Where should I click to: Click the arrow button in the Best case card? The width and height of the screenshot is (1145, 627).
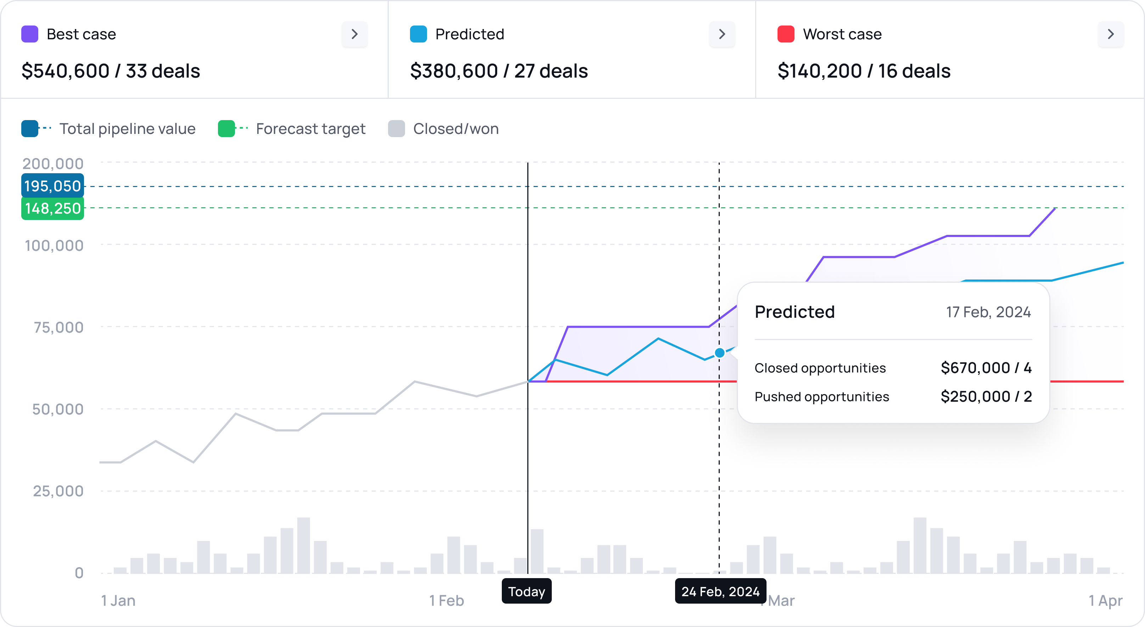click(354, 34)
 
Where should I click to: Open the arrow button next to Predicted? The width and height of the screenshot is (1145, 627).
click(722, 34)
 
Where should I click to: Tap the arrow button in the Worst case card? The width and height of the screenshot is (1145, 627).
click(1110, 34)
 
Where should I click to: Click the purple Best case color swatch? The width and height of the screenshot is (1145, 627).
click(30, 34)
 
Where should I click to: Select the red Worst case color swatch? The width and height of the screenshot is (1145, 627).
click(785, 34)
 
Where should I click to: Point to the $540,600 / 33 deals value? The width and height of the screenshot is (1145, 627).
click(111, 71)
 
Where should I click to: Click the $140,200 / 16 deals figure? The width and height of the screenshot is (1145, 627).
click(864, 71)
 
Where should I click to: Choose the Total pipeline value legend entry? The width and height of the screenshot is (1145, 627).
click(108, 129)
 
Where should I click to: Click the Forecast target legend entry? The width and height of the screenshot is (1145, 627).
click(292, 129)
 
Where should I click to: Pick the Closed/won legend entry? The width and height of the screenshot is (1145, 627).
click(443, 129)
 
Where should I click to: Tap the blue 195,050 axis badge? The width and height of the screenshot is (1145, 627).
click(52, 186)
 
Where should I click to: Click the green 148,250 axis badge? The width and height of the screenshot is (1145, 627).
click(52, 208)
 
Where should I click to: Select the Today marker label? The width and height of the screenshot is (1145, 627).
click(526, 592)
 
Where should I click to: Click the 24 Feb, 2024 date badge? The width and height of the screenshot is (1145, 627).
click(720, 592)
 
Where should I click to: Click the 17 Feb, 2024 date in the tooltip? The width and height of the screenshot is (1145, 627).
click(988, 312)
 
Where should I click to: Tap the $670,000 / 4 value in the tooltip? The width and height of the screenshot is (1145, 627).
click(986, 368)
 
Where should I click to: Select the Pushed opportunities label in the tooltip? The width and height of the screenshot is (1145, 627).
click(821, 396)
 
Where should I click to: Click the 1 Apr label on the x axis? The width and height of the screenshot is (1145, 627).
click(1105, 601)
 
